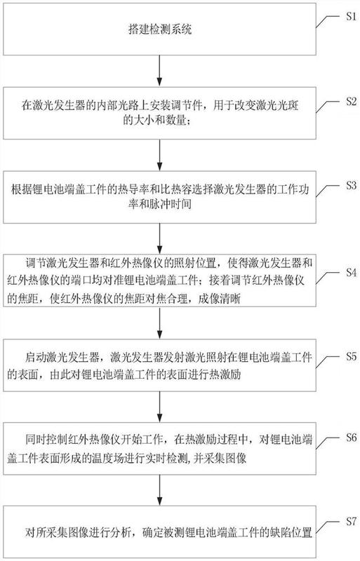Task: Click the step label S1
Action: (351, 16)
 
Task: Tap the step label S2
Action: (351, 101)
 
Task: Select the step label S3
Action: (351, 185)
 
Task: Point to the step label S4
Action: (351, 273)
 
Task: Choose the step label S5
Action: (351, 356)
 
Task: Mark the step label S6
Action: (351, 437)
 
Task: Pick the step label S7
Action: (351, 521)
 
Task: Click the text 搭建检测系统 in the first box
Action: (160, 29)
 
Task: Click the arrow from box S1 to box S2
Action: (160, 71)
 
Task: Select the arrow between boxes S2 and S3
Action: (160, 155)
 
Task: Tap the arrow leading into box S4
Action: (160, 238)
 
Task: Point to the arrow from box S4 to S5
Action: (160, 323)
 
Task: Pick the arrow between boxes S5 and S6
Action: (160, 407)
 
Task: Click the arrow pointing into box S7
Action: (160, 490)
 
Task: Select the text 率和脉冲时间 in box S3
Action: (160, 204)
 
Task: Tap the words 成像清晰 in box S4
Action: (219, 299)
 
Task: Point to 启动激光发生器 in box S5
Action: (62, 357)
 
